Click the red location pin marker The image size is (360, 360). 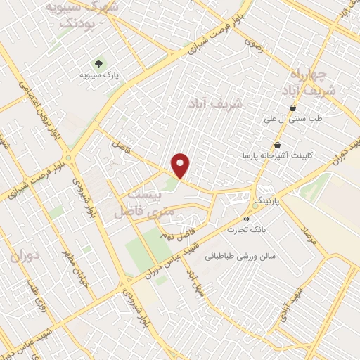click(181, 166)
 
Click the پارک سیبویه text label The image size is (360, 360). click(98, 74)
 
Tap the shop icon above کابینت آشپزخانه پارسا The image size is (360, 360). click(278, 145)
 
